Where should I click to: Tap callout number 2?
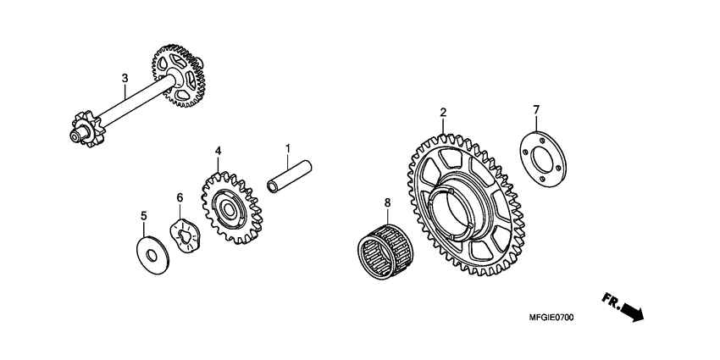[442, 112]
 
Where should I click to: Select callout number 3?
[125, 79]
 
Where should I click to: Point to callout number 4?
[218, 151]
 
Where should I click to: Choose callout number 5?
[143, 217]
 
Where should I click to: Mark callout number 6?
[180, 197]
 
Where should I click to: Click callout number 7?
[535, 109]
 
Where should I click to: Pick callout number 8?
[387, 203]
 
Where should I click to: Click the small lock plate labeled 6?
[186, 236]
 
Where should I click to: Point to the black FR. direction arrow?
[632, 313]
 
